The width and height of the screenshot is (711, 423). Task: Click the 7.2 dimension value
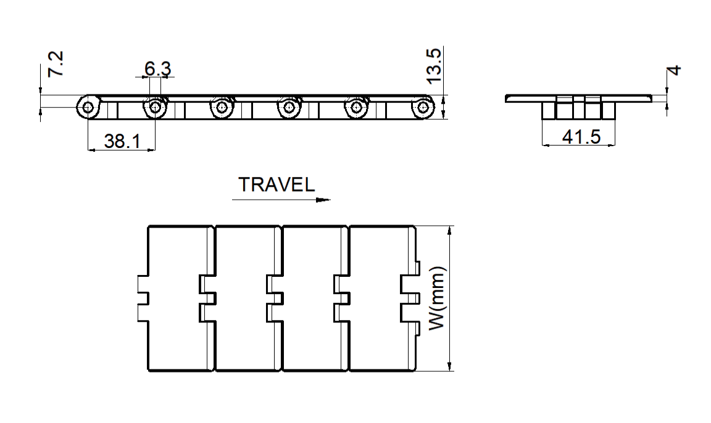56,64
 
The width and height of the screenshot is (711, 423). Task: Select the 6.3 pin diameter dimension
158,68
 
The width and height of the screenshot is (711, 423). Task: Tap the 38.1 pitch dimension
122,141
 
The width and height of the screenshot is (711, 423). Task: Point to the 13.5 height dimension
433,66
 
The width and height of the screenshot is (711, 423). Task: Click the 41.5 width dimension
581,136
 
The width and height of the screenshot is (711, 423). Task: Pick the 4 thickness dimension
674,70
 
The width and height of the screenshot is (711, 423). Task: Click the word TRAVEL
276,184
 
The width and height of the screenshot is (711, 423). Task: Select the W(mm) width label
438,298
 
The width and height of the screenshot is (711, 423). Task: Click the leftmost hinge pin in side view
88,107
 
